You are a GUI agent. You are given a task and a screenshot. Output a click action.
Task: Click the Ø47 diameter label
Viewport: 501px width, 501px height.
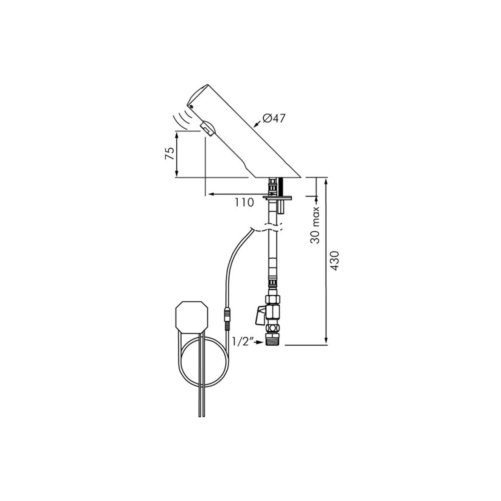pos(274,119)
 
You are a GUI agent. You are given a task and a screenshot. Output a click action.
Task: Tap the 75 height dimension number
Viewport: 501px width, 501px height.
pos(169,153)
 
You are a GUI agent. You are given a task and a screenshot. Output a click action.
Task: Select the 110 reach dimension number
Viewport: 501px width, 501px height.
pos(244,203)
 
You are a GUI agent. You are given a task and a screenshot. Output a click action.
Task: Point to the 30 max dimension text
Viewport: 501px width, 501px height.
pos(315,225)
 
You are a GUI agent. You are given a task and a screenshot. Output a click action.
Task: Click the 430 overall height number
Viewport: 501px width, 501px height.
pos(335,261)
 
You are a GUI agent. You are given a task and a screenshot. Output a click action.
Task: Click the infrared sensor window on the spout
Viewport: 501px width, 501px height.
pos(207,129)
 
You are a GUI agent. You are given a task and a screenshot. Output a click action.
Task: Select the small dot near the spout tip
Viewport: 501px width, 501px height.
pos(192,106)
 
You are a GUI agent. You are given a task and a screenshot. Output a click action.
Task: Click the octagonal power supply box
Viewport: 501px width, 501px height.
pos(191,317)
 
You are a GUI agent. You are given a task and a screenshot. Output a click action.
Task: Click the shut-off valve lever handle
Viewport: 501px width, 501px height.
pos(260,316)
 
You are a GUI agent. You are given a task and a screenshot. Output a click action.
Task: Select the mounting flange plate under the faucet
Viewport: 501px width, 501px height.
pos(277,197)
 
